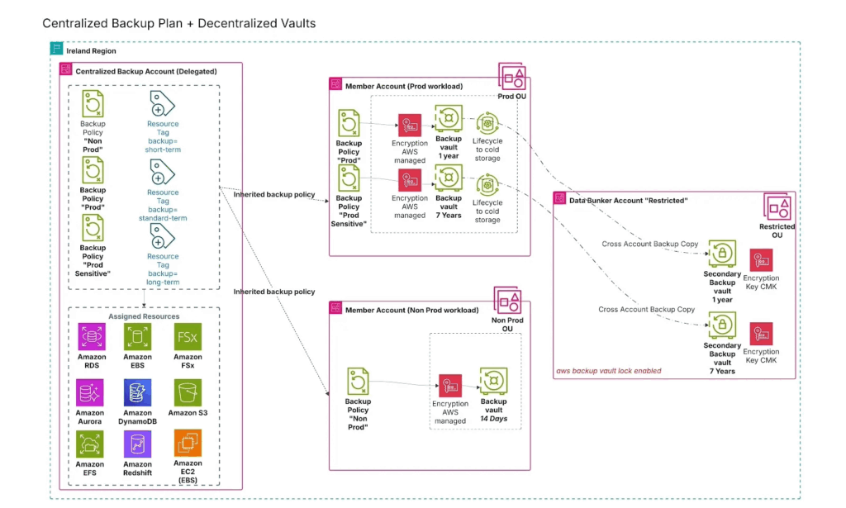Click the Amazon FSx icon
click(188, 337)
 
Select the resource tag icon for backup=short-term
click(163, 104)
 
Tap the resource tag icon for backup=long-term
click(163, 237)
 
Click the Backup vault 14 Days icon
click(493, 381)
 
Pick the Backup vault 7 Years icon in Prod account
click(449, 178)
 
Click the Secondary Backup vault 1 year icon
click(722, 253)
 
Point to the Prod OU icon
click(512, 78)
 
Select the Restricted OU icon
click(777, 207)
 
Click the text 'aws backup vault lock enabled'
click(609, 371)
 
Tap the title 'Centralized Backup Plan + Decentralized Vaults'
click(178, 23)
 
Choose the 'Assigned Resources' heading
click(143, 316)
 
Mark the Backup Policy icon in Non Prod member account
click(358, 381)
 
